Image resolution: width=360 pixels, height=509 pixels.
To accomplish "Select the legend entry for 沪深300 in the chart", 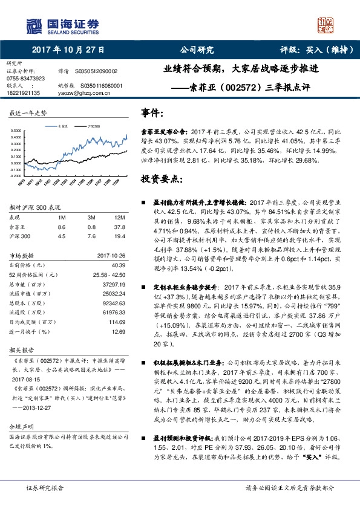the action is (x=93, y=125).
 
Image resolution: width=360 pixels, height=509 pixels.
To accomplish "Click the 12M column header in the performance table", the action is (x=119, y=217).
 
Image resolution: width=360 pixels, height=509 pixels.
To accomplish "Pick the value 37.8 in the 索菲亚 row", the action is (x=119, y=227).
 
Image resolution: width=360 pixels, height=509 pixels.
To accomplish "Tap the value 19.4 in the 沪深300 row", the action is (x=119, y=236).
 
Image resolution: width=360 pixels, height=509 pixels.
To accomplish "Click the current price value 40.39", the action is (x=117, y=265).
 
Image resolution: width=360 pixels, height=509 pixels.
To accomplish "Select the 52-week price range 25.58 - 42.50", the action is (x=109, y=274).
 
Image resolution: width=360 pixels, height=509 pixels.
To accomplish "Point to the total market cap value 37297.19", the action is (x=113, y=284).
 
